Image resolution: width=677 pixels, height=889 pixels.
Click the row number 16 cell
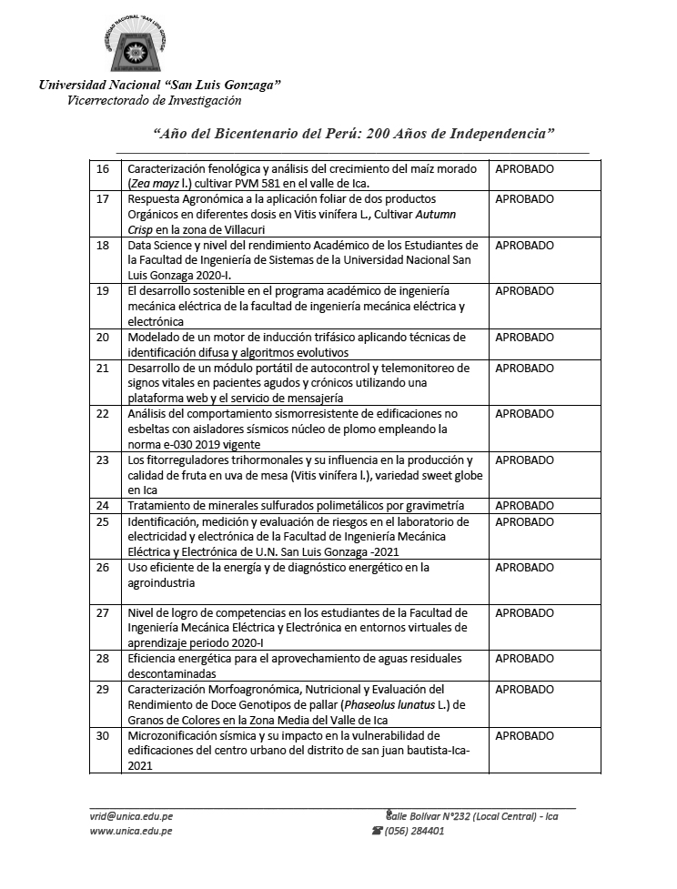pos(103,169)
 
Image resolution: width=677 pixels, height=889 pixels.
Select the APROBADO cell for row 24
pos(524,505)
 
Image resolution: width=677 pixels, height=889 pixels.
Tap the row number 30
pos(103,735)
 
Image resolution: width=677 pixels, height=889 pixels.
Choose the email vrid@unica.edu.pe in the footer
pos(131,816)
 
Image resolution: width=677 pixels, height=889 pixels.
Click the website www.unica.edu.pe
pos(131,831)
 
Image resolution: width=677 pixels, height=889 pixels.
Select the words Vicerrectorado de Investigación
pos(155,100)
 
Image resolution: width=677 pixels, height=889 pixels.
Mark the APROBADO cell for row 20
pos(524,337)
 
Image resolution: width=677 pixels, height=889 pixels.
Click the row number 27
pos(103,612)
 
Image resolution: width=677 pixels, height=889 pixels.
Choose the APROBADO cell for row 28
pos(524,658)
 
